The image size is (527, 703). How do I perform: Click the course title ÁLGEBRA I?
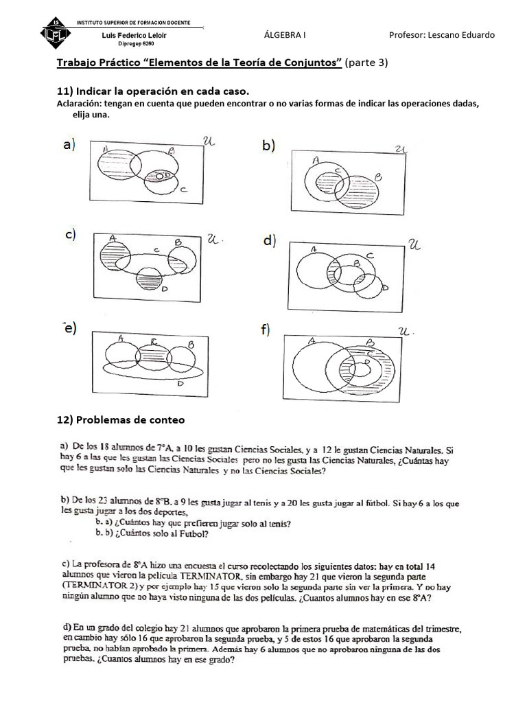click(285, 35)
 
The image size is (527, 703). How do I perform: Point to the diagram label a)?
click(69, 145)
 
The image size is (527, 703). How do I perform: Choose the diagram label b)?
click(268, 145)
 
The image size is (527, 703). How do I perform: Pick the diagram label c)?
click(70, 234)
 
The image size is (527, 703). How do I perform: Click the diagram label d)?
click(268, 240)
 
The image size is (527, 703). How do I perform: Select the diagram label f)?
click(265, 330)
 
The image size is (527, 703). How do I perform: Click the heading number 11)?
click(65, 91)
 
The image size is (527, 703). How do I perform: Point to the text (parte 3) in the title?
click(367, 63)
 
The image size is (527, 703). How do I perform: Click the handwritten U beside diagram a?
click(210, 141)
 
